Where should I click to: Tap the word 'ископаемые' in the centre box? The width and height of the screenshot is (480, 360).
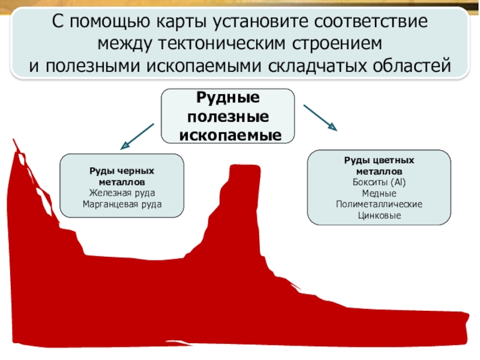click(x=230, y=134)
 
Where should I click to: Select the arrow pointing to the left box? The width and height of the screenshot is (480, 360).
click(x=137, y=136)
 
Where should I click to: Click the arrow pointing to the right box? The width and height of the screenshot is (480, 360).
click(x=320, y=117)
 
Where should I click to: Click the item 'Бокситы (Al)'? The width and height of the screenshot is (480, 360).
click(x=379, y=182)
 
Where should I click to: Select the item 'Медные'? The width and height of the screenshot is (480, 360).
click(x=379, y=193)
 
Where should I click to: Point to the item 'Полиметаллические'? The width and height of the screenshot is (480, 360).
click(x=379, y=205)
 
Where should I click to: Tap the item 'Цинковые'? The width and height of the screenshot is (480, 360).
click(x=379, y=215)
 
